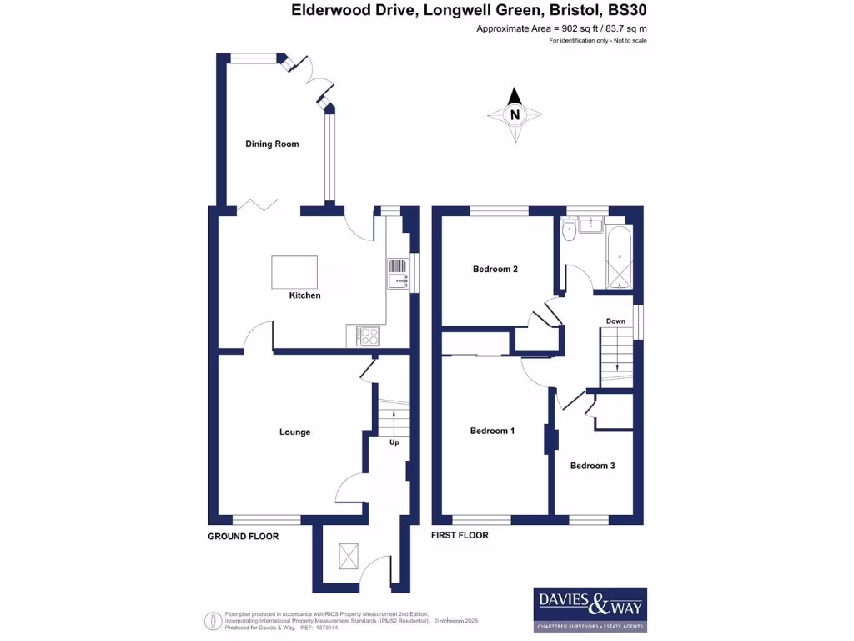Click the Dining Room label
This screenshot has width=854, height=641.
[x=272, y=144]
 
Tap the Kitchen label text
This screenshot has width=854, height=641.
[x=304, y=295]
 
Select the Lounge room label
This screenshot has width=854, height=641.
[x=294, y=432]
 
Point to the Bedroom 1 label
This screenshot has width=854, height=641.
[x=492, y=431]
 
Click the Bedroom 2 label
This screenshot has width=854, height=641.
[x=495, y=269]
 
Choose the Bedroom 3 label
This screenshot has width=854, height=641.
[x=592, y=466]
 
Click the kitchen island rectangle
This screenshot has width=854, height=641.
[x=294, y=272]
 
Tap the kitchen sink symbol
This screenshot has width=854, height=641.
[x=396, y=274]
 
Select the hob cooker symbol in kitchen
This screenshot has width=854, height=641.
[x=368, y=336]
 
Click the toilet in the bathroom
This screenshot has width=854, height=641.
[x=569, y=231]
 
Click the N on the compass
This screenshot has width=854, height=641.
[x=515, y=114]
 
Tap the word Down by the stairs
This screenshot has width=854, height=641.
[x=615, y=321]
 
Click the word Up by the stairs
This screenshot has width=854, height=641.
[x=394, y=442]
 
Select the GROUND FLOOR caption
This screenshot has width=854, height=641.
[x=243, y=536]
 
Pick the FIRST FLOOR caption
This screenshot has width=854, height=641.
[x=459, y=535]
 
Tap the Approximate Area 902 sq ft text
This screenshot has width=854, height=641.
[x=561, y=28]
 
